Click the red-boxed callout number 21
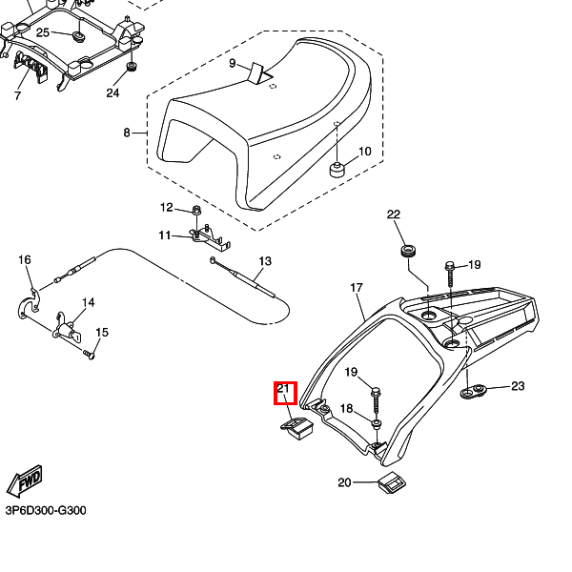284,389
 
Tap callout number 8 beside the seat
127,133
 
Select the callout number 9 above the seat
232,63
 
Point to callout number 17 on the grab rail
357,287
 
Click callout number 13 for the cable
265,261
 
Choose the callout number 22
394,214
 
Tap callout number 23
518,386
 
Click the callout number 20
345,482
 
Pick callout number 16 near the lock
25,260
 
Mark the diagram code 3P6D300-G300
46,511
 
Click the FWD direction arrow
24,482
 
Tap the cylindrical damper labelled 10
337,172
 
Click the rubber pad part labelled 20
389,483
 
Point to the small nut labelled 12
195,209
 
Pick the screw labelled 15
91,355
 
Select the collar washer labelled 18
378,420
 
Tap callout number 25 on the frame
42,32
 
